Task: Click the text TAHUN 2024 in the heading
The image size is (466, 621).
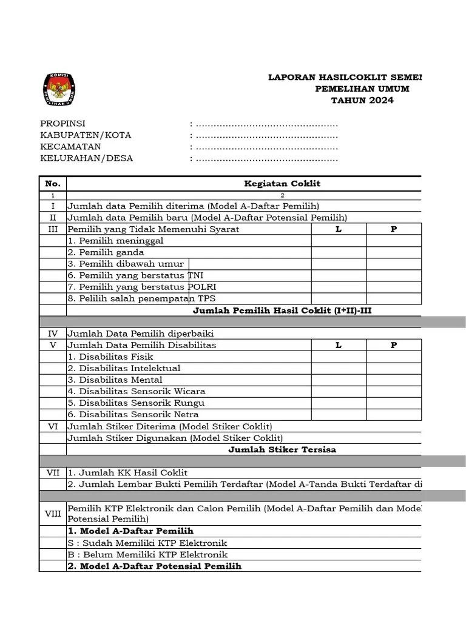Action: coord(362,100)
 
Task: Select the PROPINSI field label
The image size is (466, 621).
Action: coord(63,124)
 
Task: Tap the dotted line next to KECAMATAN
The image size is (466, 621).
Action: coord(265,147)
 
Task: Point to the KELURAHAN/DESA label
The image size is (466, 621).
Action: coord(86,158)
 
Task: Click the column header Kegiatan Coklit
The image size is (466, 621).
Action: coord(282,183)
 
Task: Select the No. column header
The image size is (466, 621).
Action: coord(53,183)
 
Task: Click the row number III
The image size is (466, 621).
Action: coord(53,229)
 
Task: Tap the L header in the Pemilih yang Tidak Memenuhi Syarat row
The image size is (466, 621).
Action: coord(339,229)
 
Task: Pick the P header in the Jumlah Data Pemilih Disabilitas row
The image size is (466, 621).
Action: coord(394,345)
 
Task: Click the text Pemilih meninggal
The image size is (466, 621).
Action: coord(115,241)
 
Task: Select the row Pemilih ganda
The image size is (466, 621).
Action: coord(106,252)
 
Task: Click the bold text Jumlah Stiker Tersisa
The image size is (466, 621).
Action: coord(282,449)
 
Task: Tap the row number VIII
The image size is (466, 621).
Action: coord(53,514)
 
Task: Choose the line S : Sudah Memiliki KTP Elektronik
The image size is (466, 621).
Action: coord(147,543)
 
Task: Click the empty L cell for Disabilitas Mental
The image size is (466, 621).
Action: coord(339,380)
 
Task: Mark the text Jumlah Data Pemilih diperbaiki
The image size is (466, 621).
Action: coord(140,334)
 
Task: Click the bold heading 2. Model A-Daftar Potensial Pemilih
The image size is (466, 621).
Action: coord(154,566)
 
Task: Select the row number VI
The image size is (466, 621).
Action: coord(53,426)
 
